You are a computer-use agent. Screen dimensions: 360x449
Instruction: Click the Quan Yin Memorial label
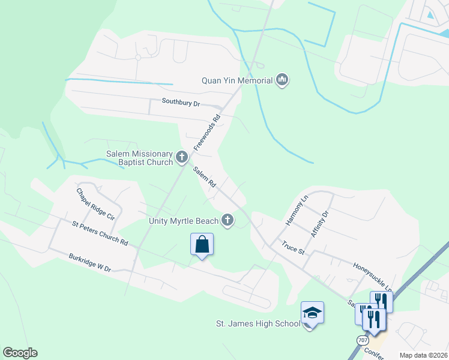[237, 80]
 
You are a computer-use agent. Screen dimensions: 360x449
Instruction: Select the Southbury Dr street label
[180, 102]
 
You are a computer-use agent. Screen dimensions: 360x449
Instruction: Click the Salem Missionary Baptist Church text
[139, 158]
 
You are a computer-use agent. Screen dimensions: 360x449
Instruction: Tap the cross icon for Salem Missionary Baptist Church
[182, 158]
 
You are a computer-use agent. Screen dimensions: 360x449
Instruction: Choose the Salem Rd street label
[204, 178]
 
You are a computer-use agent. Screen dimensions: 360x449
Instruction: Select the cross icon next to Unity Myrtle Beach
[228, 221]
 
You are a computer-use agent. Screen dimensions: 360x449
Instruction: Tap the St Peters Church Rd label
[100, 233]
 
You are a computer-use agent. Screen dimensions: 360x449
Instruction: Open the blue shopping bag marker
[202, 245]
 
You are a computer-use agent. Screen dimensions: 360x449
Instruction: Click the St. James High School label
[258, 324]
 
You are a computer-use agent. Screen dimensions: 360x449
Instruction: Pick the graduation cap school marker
[312, 313]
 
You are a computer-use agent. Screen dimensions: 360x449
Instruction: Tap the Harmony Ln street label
[296, 209]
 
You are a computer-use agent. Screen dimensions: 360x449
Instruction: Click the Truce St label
[294, 247]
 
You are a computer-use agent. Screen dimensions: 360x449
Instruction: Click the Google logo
[20, 353]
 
